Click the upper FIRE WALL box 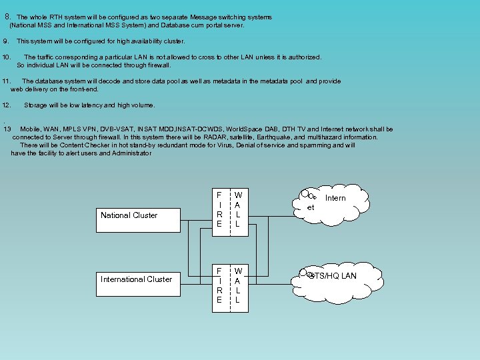coord(228,209)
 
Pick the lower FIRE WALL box coord(228,285)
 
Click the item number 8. coord(7,17)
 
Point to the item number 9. coord(6,41)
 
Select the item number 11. coord(7,81)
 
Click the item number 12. coord(7,105)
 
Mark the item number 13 coord(7,129)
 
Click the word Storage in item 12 coord(35,105)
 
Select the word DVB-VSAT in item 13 coord(117,129)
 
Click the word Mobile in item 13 coord(31,129)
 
